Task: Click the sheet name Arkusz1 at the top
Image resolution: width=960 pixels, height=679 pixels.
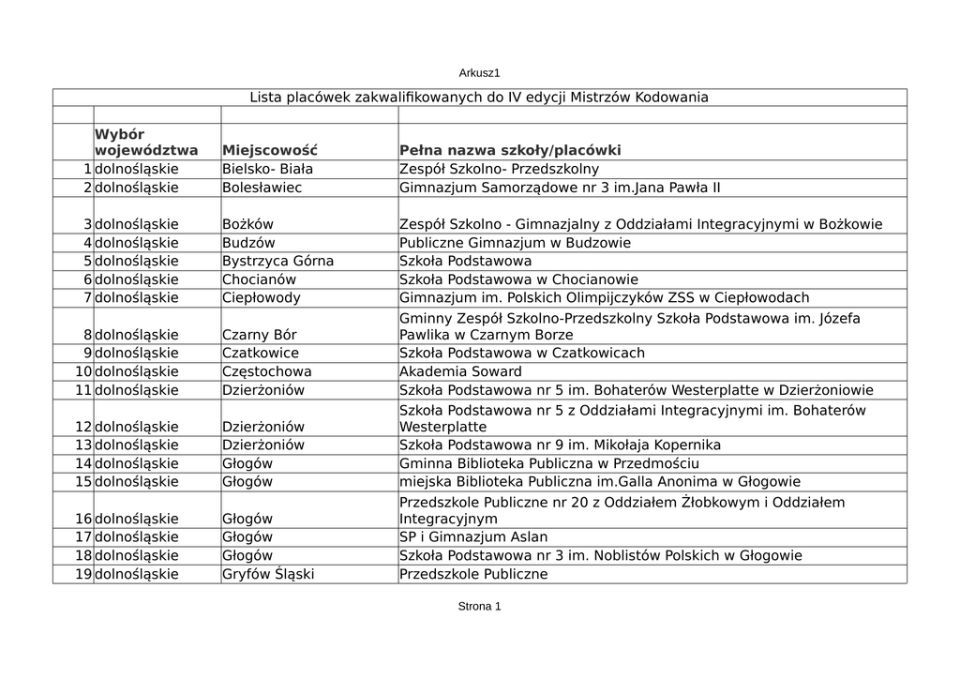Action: point(479,72)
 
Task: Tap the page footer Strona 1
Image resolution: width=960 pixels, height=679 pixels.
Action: point(479,606)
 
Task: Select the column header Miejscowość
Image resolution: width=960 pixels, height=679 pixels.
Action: point(270,150)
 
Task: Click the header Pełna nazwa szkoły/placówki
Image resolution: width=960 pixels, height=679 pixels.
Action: point(510,150)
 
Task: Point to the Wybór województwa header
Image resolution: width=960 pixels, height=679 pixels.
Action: point(146,142)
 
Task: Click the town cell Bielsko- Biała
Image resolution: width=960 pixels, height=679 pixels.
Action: point(267,170)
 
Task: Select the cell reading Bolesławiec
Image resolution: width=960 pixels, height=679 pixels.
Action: point(262,188)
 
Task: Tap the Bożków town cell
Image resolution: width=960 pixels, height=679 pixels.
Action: point(247,224)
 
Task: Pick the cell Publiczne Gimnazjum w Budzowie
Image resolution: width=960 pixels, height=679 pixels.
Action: point(515,243)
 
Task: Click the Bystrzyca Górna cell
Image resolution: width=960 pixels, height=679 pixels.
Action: point(277,261)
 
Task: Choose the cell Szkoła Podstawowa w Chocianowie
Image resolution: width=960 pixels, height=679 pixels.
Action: point(518,279)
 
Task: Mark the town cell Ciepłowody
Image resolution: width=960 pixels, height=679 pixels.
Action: point(262,298)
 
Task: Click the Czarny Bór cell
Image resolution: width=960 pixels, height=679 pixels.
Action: point(260,335)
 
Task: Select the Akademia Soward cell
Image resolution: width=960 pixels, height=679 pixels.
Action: point(460,371)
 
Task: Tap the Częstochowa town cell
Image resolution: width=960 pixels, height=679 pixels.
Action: point(266,371)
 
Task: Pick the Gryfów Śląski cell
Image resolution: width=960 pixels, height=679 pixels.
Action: point(268,574)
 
